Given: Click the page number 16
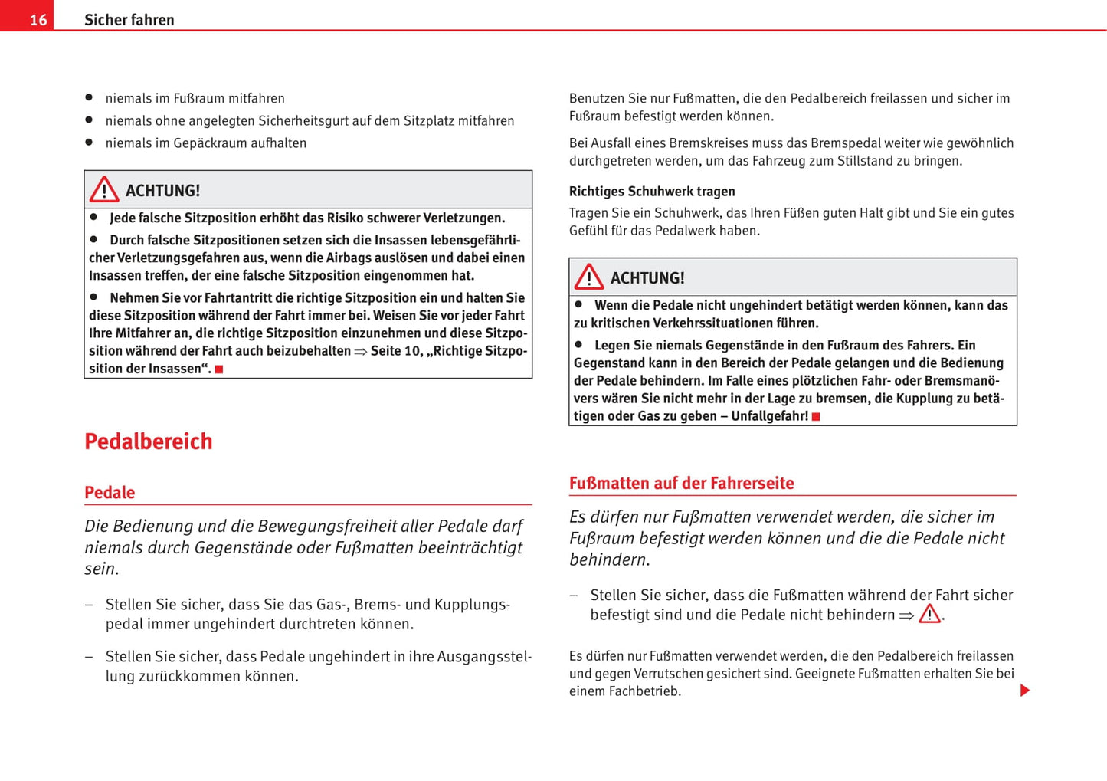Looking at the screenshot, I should tap(38, 20).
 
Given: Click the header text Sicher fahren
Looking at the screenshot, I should tap(129, 20).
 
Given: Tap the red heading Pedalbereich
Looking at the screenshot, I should tap(148, 441).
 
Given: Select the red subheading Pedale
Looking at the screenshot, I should tap(110, 493).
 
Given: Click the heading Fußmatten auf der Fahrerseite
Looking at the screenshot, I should tap(681, 484).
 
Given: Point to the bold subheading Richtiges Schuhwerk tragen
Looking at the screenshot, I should tap(651, 192).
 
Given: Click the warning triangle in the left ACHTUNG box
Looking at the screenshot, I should tap(104, 190).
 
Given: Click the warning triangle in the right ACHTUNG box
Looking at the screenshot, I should tap(589, 277).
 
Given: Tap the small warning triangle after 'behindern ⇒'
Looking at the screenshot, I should tap(929, 615).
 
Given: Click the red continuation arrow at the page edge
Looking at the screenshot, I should tap(1025, 691).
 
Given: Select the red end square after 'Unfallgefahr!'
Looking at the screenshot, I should tap(816, 417).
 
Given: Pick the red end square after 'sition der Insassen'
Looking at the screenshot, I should tap(219, 369).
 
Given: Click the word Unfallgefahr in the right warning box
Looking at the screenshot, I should tap(769, 416).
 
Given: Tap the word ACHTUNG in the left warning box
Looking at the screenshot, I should tap(162, 191).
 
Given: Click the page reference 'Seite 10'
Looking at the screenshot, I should tap(395, 351).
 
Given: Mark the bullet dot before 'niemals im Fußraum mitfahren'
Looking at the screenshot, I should tap(89, 98).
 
